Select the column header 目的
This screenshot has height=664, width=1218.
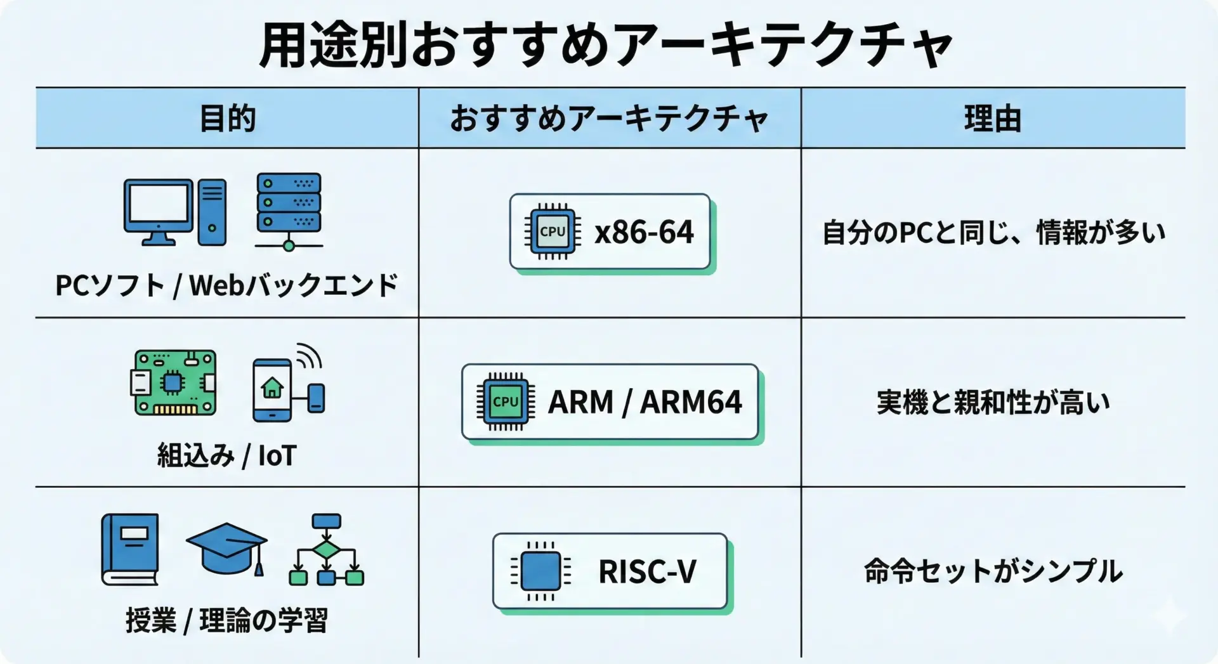(x=227, y=119)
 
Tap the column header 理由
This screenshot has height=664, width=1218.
(x=993, y=119)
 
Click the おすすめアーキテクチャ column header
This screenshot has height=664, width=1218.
(x=609, y=119)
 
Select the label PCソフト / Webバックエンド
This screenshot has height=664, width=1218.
(x=226, y=285)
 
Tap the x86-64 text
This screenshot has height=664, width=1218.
(x=644, y=232)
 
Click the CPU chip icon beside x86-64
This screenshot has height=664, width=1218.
(x=552, y=232)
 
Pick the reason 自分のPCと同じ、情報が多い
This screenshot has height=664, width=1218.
(x=993, y=233)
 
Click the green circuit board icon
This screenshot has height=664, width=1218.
(x=174, y=382)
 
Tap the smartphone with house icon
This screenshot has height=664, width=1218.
(x=273, y=389)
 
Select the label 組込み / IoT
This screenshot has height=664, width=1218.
(x=226, y=455)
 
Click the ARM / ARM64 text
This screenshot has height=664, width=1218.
(x=645, y=402)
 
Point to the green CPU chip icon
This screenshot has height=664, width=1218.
(x=506, y=402)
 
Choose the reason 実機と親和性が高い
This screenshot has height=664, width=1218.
(x=993, y=402)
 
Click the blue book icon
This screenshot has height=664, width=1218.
(x=130, y=549)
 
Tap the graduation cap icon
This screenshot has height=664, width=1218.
(x=226, y=547)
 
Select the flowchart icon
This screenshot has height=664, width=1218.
(x=327, y=549)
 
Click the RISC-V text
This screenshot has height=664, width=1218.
(x=647, y=571)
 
